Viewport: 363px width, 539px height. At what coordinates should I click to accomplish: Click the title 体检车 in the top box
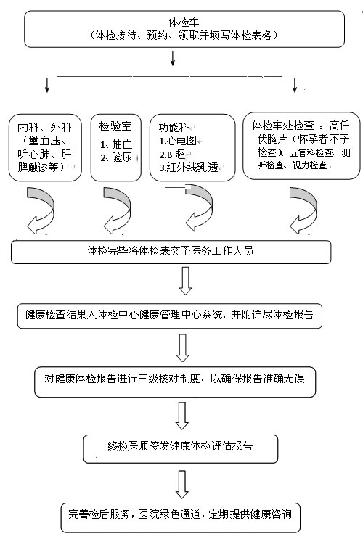(184, 22)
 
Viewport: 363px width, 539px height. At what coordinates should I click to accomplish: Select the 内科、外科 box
(45, 147)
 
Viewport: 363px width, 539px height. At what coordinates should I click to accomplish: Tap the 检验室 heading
(115, 126)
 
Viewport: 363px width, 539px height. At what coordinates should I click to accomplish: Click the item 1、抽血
(116, 144)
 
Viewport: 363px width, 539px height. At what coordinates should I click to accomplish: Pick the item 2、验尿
(116, 157)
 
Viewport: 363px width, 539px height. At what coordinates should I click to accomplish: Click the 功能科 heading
(174, 128)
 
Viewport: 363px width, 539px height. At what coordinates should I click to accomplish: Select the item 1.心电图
(178, 141)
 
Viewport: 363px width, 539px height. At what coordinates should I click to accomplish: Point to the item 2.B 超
(172, 155)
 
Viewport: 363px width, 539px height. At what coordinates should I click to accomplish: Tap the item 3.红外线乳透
(189, 168)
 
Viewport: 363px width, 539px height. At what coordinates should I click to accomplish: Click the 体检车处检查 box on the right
(301, 146)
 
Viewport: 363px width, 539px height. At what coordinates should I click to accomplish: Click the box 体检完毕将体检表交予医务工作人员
(171, 252)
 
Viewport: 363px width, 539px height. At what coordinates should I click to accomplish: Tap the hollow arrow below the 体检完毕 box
(185, 281)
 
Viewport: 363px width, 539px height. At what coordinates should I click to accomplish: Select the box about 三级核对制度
(175, 382)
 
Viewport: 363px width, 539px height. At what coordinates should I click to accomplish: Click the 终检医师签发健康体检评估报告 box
(180, 448)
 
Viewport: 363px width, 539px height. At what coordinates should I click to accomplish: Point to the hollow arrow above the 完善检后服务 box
(181, 485)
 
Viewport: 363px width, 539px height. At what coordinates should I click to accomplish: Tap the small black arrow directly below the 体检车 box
(173, 58)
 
